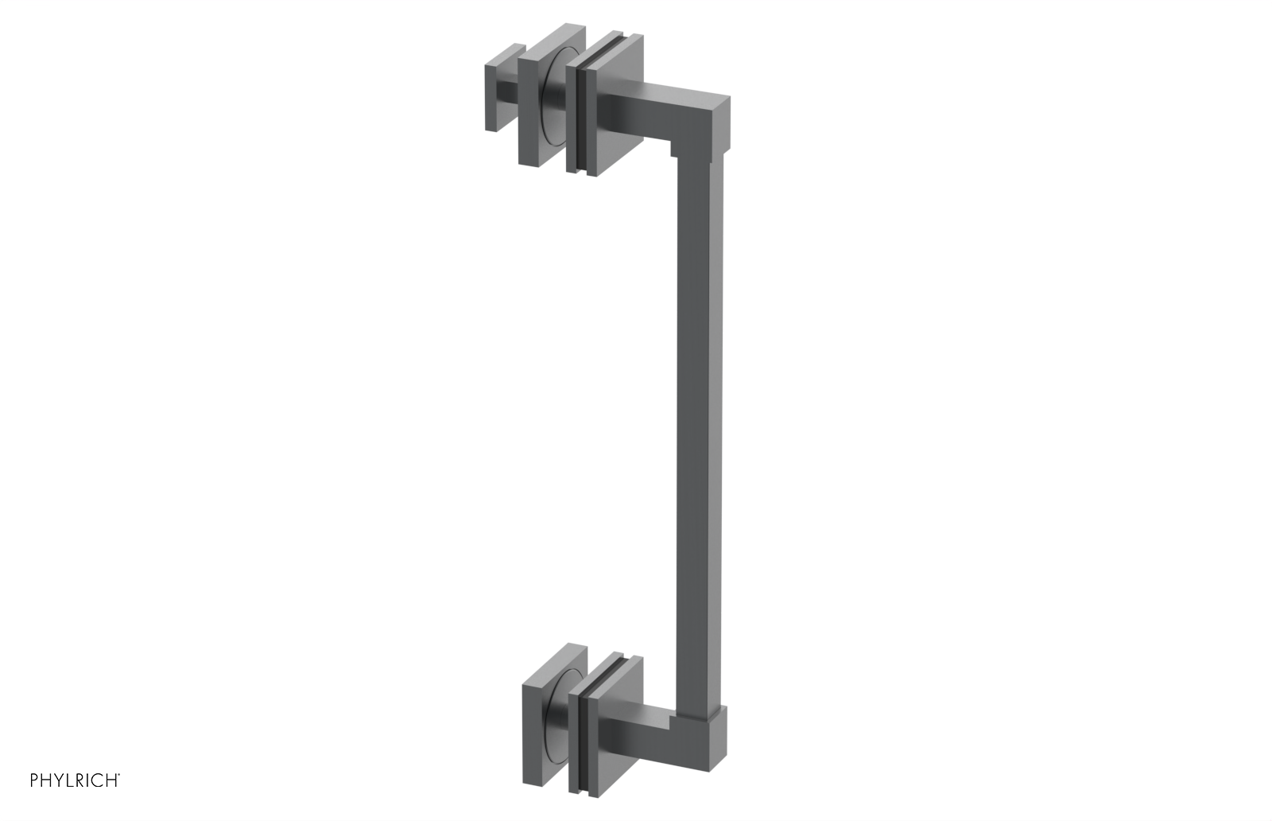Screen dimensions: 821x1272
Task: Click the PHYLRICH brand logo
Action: (x=75, y=781)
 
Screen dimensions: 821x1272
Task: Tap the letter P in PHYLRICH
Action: (x=34, y=781)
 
